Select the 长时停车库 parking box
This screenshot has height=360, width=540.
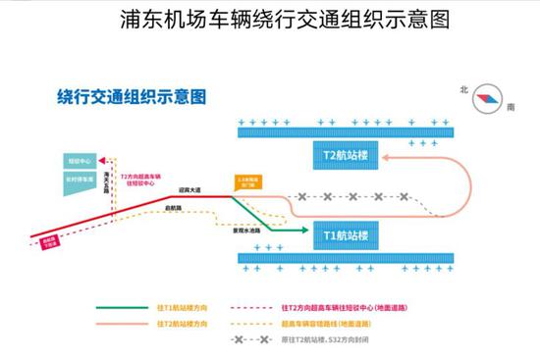click(81, 179)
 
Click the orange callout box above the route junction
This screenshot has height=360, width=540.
click(249, 182)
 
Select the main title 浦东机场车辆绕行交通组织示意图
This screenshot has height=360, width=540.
click(271, 20)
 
